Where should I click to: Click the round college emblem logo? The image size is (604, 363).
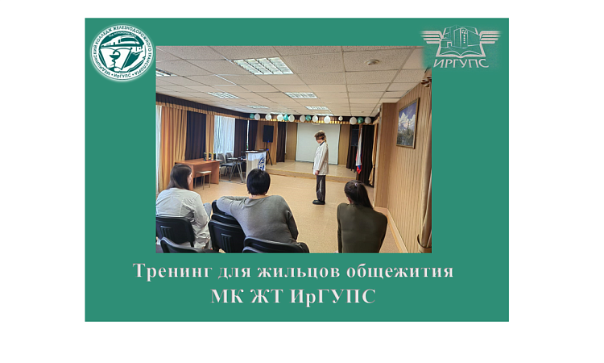[x=122, y=53]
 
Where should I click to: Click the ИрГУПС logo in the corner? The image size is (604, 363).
[x=460, y=47]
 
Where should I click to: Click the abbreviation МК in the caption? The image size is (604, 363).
[x=227, y=296]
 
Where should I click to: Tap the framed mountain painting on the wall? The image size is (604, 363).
[x=408, y=123]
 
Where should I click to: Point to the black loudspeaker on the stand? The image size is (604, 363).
[x=268, y=134]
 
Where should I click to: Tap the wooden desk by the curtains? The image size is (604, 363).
[x=197, y=169]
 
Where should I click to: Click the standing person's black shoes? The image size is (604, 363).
[x=319, y=201]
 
